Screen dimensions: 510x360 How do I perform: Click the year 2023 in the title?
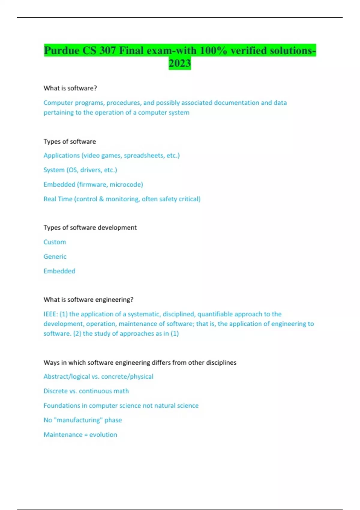(x=180, y=63)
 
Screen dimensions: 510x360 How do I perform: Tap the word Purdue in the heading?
(x=61, y=50)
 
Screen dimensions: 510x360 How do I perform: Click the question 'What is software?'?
(x=70, y=88)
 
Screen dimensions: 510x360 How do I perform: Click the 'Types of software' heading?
(x=70, y=141)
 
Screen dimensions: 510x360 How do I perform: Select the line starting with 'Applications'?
(x=112, y=155)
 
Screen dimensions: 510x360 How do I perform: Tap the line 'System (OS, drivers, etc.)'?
(x=80, y=170)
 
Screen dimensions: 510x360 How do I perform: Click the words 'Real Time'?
(x=58, y=199)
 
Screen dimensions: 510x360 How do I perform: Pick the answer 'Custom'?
(x=55, y=242)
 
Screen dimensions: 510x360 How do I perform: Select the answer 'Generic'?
(x=55, y=256)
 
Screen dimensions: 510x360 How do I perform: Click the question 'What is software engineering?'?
(x=88, y=299)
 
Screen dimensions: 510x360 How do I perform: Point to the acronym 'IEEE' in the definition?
(x=50, y=314)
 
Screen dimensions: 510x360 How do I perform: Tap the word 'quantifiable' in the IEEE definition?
(x=215, y=314)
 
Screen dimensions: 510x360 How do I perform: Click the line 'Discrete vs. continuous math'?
(x=86, y=391)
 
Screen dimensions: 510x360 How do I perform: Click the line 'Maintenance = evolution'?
(x=80, y=434)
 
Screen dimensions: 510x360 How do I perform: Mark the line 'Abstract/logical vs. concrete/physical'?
(x=98, y=376)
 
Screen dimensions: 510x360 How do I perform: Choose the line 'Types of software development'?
(x=90, y=227)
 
